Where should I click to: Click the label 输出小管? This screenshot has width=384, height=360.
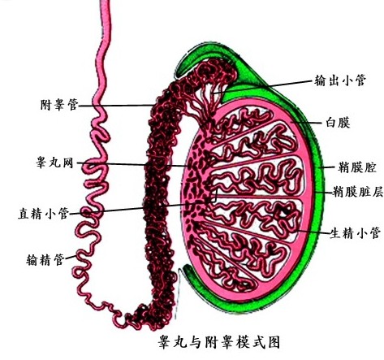(x=340, y=80)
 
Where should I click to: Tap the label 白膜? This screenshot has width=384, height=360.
(x=338, y=123)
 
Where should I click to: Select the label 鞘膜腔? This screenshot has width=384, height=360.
(x=357, y=167)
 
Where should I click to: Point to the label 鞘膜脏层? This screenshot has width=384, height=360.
(x=358, y=192)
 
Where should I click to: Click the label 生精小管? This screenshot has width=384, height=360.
(x=355, y=233)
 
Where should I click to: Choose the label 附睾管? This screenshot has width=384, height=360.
(x=59, y=105)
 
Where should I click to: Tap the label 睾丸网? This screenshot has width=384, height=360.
(x=55, y=163)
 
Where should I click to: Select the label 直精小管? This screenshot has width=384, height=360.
(x=43, y=213)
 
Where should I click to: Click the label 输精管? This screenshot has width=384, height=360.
(x=45, y=260)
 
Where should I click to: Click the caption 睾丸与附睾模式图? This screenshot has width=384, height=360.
(x=219, y=341)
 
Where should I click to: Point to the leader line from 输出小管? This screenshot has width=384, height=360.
(x=263, y=87)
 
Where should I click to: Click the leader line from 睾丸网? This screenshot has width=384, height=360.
(x=132, y=164)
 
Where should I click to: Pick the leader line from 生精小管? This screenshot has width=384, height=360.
(x=313, y=232)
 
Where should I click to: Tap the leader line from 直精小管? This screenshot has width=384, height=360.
(x=144, y=208)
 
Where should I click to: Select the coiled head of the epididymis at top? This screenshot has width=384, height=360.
(x=214, y=72)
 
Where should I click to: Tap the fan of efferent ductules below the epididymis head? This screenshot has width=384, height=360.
(x=205, y=104)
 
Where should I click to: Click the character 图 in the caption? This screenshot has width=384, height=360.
(x=274, y=341)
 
